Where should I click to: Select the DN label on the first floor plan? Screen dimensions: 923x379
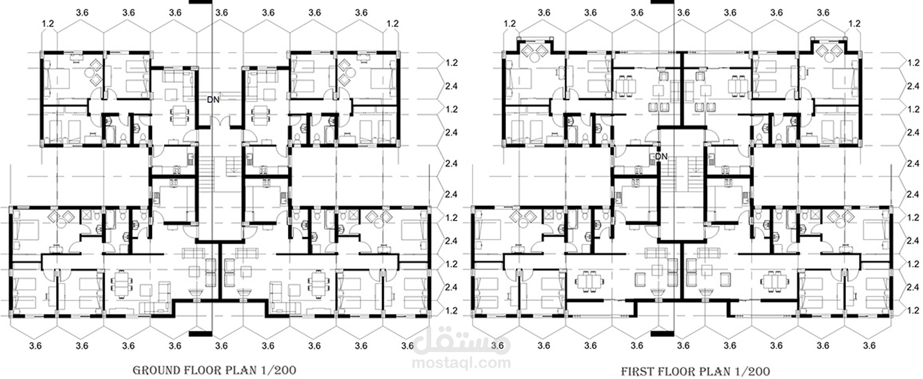[661, 156]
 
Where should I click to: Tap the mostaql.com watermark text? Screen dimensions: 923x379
[461, 363]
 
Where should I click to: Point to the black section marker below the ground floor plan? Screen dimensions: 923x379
[201, 334]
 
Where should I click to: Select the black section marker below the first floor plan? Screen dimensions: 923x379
[662, 334]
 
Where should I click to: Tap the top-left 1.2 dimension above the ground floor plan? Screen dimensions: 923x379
[48, 24]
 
